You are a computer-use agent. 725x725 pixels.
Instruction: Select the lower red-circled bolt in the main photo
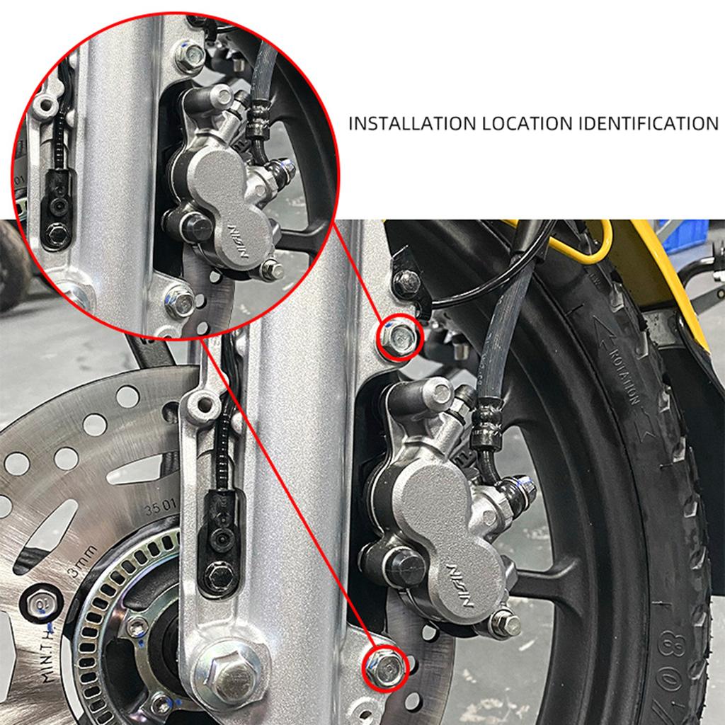[x=384, y=666]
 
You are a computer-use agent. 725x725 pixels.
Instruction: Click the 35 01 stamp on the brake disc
[x=159, y=508]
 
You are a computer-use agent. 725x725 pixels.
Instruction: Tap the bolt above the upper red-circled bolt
[x=406, y=282]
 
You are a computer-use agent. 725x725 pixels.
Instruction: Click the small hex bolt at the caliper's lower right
[x=506, y=622]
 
